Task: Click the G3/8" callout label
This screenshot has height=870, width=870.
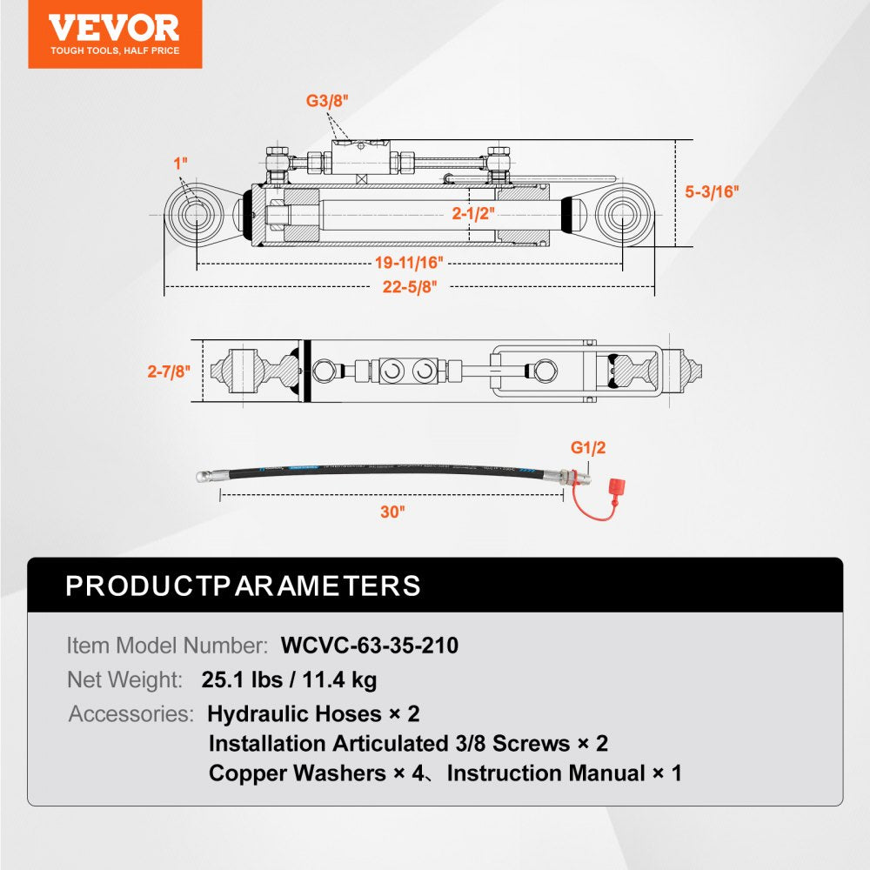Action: click(326, 101)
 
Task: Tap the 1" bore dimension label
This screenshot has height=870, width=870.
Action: click(180, 163)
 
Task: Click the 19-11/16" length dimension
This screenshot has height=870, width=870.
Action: click(409, 262)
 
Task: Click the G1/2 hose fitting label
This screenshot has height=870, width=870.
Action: click(588, 448)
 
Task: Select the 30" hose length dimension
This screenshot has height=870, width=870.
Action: click(392, 512)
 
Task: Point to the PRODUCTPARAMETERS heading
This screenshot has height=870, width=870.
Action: click(243, 586)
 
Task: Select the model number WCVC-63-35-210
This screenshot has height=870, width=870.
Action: click(370, 646)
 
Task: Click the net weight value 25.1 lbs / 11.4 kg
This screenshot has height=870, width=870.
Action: click(290, 679)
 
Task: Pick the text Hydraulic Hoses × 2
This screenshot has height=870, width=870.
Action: click(313, 714)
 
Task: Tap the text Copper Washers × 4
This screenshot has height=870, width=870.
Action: click(318, 773)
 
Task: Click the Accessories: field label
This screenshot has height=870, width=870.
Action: click(131, 714)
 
